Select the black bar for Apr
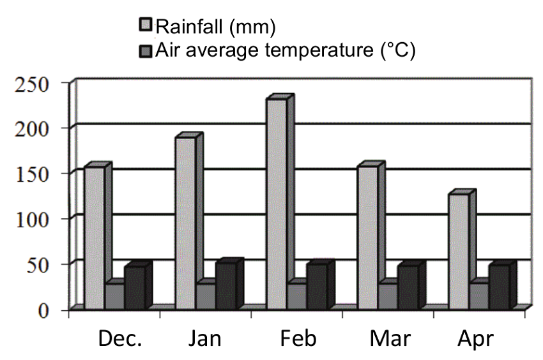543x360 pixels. click(499, 287)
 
